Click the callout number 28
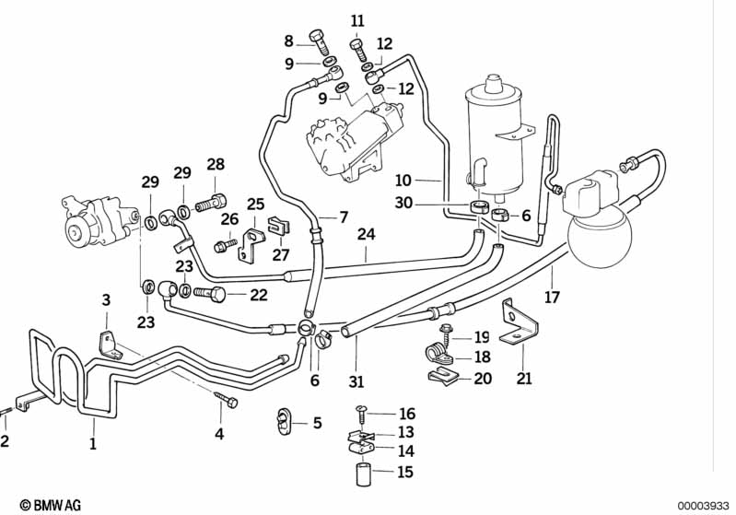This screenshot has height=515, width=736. tap(215, 164)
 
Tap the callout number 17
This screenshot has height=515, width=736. tap(552, 298)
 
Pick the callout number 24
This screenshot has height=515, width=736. tap(366, 234)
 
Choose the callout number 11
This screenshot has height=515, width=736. tap(357, 20)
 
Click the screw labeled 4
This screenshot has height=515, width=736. tap(227, 400)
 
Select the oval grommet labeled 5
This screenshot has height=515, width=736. tap(284, 421)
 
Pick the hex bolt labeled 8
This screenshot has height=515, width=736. tap(318, 41)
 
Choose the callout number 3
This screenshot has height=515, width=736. tap(106, 299)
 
